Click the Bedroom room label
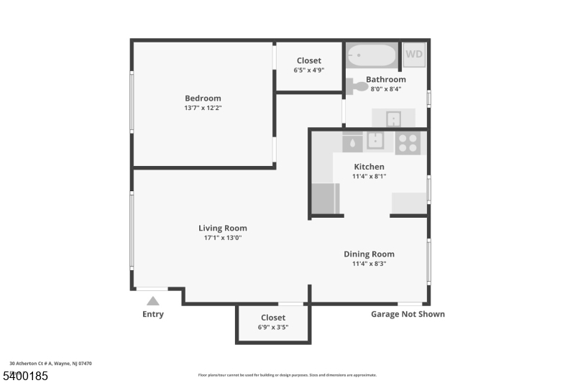click(x=203, y=98)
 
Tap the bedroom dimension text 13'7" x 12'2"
click(x=203, y=109)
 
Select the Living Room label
click(x=223, y=229)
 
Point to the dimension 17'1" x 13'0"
click(x=223, y=238)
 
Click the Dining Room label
click(x=369, y=254)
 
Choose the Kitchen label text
click(x=369, y=167)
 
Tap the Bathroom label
click(x=386, y=80)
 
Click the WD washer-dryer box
click(x=413, y=55)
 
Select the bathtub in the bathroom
click(x=372, y=55)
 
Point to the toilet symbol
click(x=356, y=86)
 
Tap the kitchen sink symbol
click(x=375, y=140)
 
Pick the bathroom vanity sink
click(x=393, y=118)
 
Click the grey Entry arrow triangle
click(x=152, y=301)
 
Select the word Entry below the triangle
click(x=153, y=314)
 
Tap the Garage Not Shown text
click(x=408, y=314)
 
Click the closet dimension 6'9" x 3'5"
click(x=273, y=327)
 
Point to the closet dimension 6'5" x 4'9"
click(x=308, y=70)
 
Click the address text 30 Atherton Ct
click(x=50, y=364)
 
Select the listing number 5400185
click(x=25, y=376)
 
